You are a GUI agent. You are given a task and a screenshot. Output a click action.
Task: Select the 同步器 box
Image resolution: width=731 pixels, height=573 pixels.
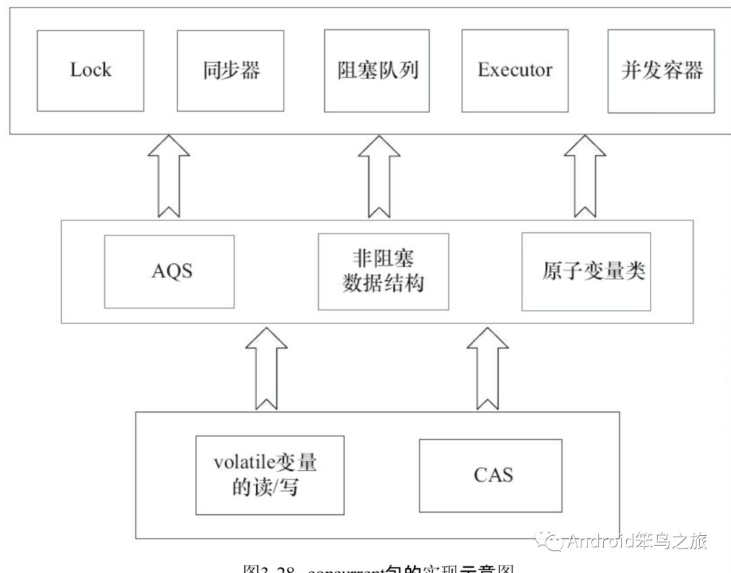(231, 70)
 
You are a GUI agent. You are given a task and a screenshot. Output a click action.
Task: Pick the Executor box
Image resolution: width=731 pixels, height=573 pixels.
(514, 70)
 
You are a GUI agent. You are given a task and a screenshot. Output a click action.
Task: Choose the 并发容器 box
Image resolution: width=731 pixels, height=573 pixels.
(661, 70)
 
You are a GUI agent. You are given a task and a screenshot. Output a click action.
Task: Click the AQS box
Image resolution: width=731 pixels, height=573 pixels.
(169, 271)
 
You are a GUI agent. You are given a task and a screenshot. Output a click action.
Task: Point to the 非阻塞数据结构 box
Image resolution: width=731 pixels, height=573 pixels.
(383, 271)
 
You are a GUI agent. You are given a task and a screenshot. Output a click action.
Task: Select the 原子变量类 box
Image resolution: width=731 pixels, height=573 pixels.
(586, 271)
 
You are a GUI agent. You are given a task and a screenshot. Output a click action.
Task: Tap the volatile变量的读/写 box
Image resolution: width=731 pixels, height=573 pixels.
(266, 476)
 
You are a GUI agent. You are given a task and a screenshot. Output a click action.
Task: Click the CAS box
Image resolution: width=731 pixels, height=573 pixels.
(491, 475)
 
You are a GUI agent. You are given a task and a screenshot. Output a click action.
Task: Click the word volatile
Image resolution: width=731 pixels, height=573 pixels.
(242, 463)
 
